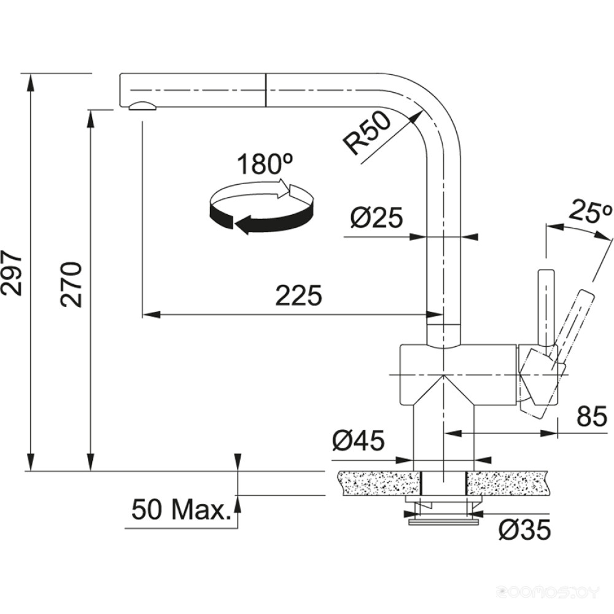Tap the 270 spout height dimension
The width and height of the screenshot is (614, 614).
coord(72,284)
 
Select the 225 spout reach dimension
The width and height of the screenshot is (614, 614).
coord(298,297)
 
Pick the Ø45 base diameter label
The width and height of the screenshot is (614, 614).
coord(358,440)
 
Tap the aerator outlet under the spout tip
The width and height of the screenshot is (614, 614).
coord(143,106)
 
